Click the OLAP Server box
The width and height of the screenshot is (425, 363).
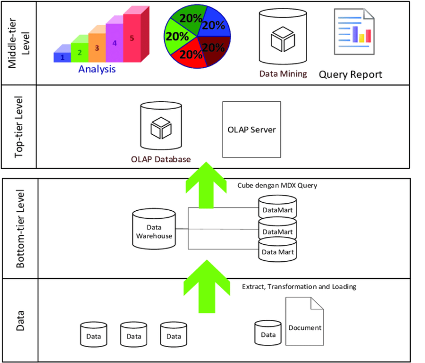pos(251,129)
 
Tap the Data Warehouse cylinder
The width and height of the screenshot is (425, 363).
pos(154,228)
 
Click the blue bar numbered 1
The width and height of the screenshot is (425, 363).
pos(63,56)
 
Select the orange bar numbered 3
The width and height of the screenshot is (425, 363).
pos(97,47)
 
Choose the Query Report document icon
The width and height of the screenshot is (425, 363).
pos(353,31)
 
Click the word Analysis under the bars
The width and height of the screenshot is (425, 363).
pos(97,69)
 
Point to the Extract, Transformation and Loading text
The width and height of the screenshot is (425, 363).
pos(299,286)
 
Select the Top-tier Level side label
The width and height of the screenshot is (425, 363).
pos(20,127)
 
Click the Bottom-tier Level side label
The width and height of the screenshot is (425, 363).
pos(20,228)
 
